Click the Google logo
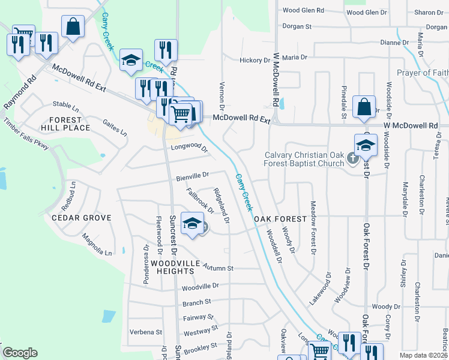pyautogui.click(x=20, y=353)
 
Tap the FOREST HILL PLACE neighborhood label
pyautogui.click(x=65, y=124)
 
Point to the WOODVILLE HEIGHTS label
pyautogui.click(x=172, y=267)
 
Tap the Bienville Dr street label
pyautogui.click(x=192, y=176)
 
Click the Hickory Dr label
pyautogui.click(x=255, y=61)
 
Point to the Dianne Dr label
pyautogui.click(x=394, y=43)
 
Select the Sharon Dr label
pyautogui.click(x=428, y=12)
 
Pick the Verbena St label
pyautogui.click(x=146, y=332)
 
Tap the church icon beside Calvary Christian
pyautogui.click(x=353, y=160)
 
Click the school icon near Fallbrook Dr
pyautogui.click(x=192, y=223)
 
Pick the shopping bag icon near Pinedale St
pyautogui.click(x=364, y=106)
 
